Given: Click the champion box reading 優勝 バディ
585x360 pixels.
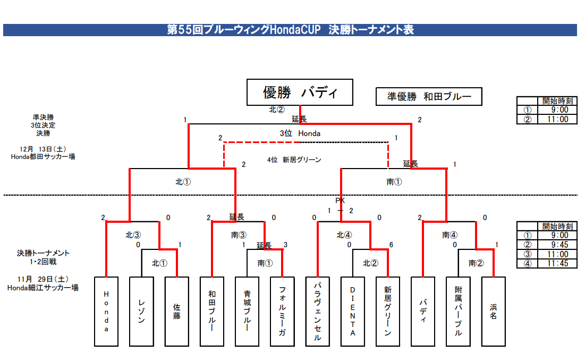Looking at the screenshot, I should pyautogui.click(x=300, y=93).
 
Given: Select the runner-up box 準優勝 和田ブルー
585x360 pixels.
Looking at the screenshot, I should pyautogui.click(x=429, y=97).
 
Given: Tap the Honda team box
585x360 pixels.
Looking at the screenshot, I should pyautogui.click(x=106, y=312).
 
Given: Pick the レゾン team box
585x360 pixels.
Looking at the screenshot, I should pyautogui.click(x=141, y=312).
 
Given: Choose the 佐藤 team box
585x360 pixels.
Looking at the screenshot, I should pyautogui.click(x=176, y=312).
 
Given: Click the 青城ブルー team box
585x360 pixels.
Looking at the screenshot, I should pyautogui.click(x=247, y=312).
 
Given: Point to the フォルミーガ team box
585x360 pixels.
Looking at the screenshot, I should pyautogui.click(x=282, y=312).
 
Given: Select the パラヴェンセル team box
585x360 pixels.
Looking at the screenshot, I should pyautogui.click(x=317, y=312).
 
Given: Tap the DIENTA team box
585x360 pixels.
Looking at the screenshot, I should pyautogui.click(x=352, y=312).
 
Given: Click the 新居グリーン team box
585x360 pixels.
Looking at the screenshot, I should pyautogui.click(x=387, y=312).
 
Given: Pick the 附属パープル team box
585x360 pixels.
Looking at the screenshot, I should pyautogui.click(x=458, y=312).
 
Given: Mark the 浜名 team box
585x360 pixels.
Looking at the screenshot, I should pyautogui.click(x=493, y=312).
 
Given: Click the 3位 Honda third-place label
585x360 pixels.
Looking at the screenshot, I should pyautogui.click(x=300, y=133).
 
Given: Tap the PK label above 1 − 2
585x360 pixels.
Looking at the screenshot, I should pyautogui.click(x=340, y=200).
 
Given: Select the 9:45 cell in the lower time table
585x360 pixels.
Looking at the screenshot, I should pyautogui.click(x=555, y=245).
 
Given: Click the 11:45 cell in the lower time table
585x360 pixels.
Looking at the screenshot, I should pyautogui.click(x=555, y=264).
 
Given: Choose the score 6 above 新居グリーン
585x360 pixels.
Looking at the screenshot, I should pyautogui.click(x=391, y=245).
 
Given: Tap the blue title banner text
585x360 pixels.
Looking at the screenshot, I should pyautogui.click(x=290, y=30).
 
